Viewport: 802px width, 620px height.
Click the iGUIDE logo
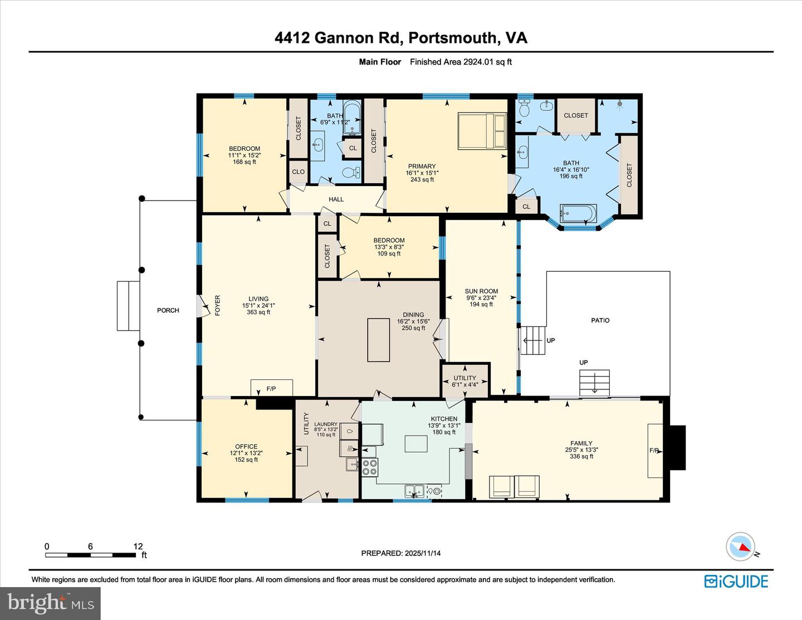tap(736, 582)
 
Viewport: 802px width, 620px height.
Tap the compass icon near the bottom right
tap(741, 546)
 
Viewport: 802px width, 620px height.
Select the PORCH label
tap(168, 310)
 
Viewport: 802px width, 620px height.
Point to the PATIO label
tap(600, 320)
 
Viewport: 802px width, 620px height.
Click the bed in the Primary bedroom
tap(482, 131)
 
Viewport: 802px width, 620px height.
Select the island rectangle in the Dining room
tap(379, 340)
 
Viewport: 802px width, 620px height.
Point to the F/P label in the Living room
tap(271, 389)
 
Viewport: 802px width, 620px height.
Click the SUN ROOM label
tap(481, 291)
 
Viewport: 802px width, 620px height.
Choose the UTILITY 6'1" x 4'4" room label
tap(464, 381)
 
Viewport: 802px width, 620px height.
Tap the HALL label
tap(336, 199)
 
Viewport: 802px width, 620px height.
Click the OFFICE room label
tap(246, 447)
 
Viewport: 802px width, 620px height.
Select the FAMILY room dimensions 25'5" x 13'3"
tap(581, 450)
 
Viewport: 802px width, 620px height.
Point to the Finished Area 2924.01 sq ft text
tap(461, 62)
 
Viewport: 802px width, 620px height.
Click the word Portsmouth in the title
tap(452, 37)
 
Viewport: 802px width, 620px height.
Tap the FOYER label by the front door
tap(218, 305)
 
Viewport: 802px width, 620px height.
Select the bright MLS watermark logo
tap(50, 603)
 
